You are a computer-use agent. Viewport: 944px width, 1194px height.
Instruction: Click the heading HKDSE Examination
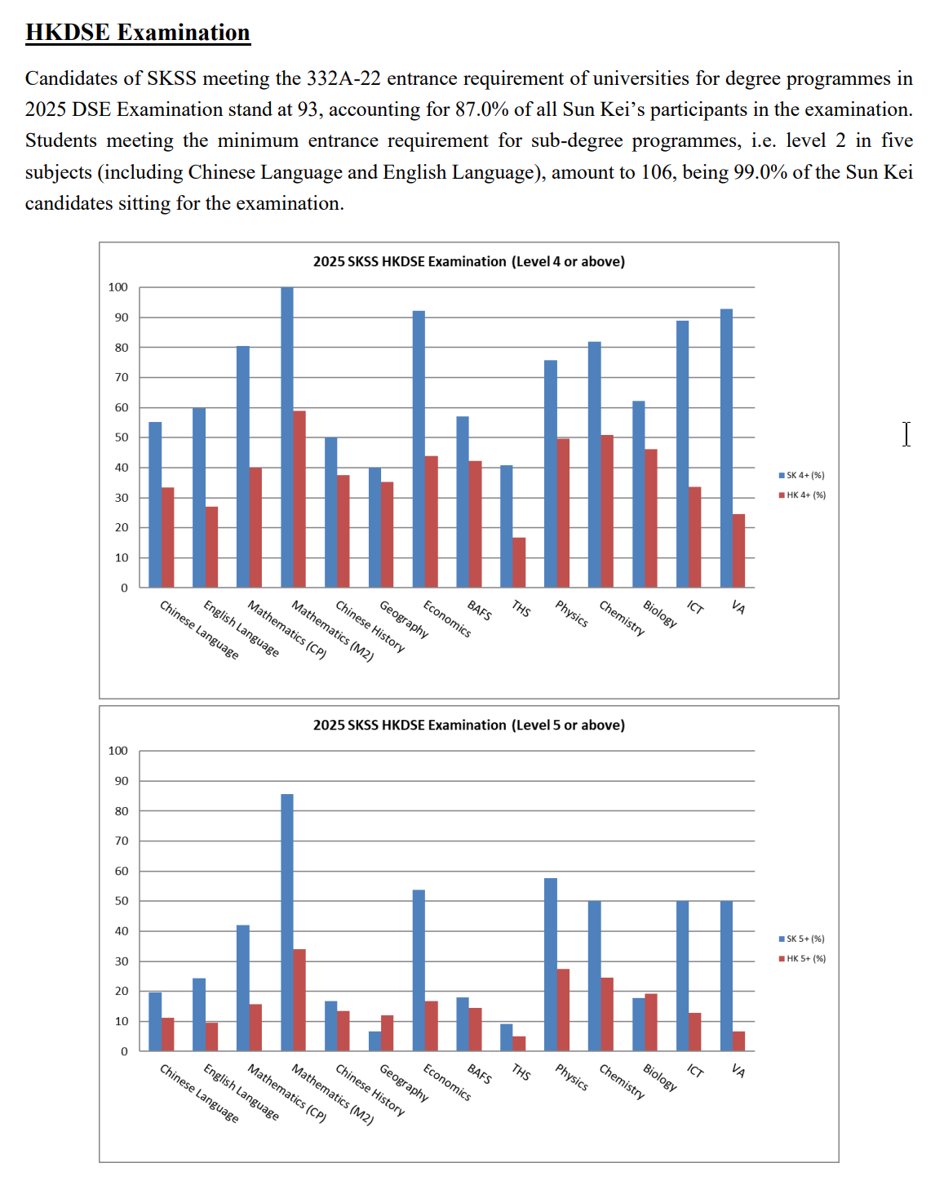point(137,33)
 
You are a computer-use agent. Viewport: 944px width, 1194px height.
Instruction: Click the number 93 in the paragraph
point(308,109)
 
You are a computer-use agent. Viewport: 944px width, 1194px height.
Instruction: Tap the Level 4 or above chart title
point(468,261)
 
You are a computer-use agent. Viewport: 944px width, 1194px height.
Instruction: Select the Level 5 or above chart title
point(468,725)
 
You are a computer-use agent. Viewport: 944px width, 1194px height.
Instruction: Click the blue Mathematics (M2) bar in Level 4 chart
point(287,437)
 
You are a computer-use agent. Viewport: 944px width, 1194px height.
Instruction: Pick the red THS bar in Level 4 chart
point(519,562)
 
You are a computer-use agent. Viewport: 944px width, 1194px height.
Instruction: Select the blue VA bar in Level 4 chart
point(726,448)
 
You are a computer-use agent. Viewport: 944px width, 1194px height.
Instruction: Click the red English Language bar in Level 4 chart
point(211,547)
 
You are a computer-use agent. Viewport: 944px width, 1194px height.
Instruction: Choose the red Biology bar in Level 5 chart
point(651,1022)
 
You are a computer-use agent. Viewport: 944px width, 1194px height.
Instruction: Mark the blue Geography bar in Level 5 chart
point(374,1041)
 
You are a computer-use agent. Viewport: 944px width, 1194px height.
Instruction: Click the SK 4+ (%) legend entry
point(804,475)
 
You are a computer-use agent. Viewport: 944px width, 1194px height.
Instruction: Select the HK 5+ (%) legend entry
point(804,958)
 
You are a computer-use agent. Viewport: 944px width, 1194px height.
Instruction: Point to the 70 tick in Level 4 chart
point(122,377)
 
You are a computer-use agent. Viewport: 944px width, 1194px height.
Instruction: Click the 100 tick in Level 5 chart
point(118,750)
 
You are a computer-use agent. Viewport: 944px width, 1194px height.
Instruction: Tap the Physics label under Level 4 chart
point(571,614)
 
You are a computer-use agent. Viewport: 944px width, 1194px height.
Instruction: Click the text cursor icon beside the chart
point(906,433)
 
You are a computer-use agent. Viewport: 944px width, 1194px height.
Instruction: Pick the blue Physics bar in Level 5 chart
point(551,964)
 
